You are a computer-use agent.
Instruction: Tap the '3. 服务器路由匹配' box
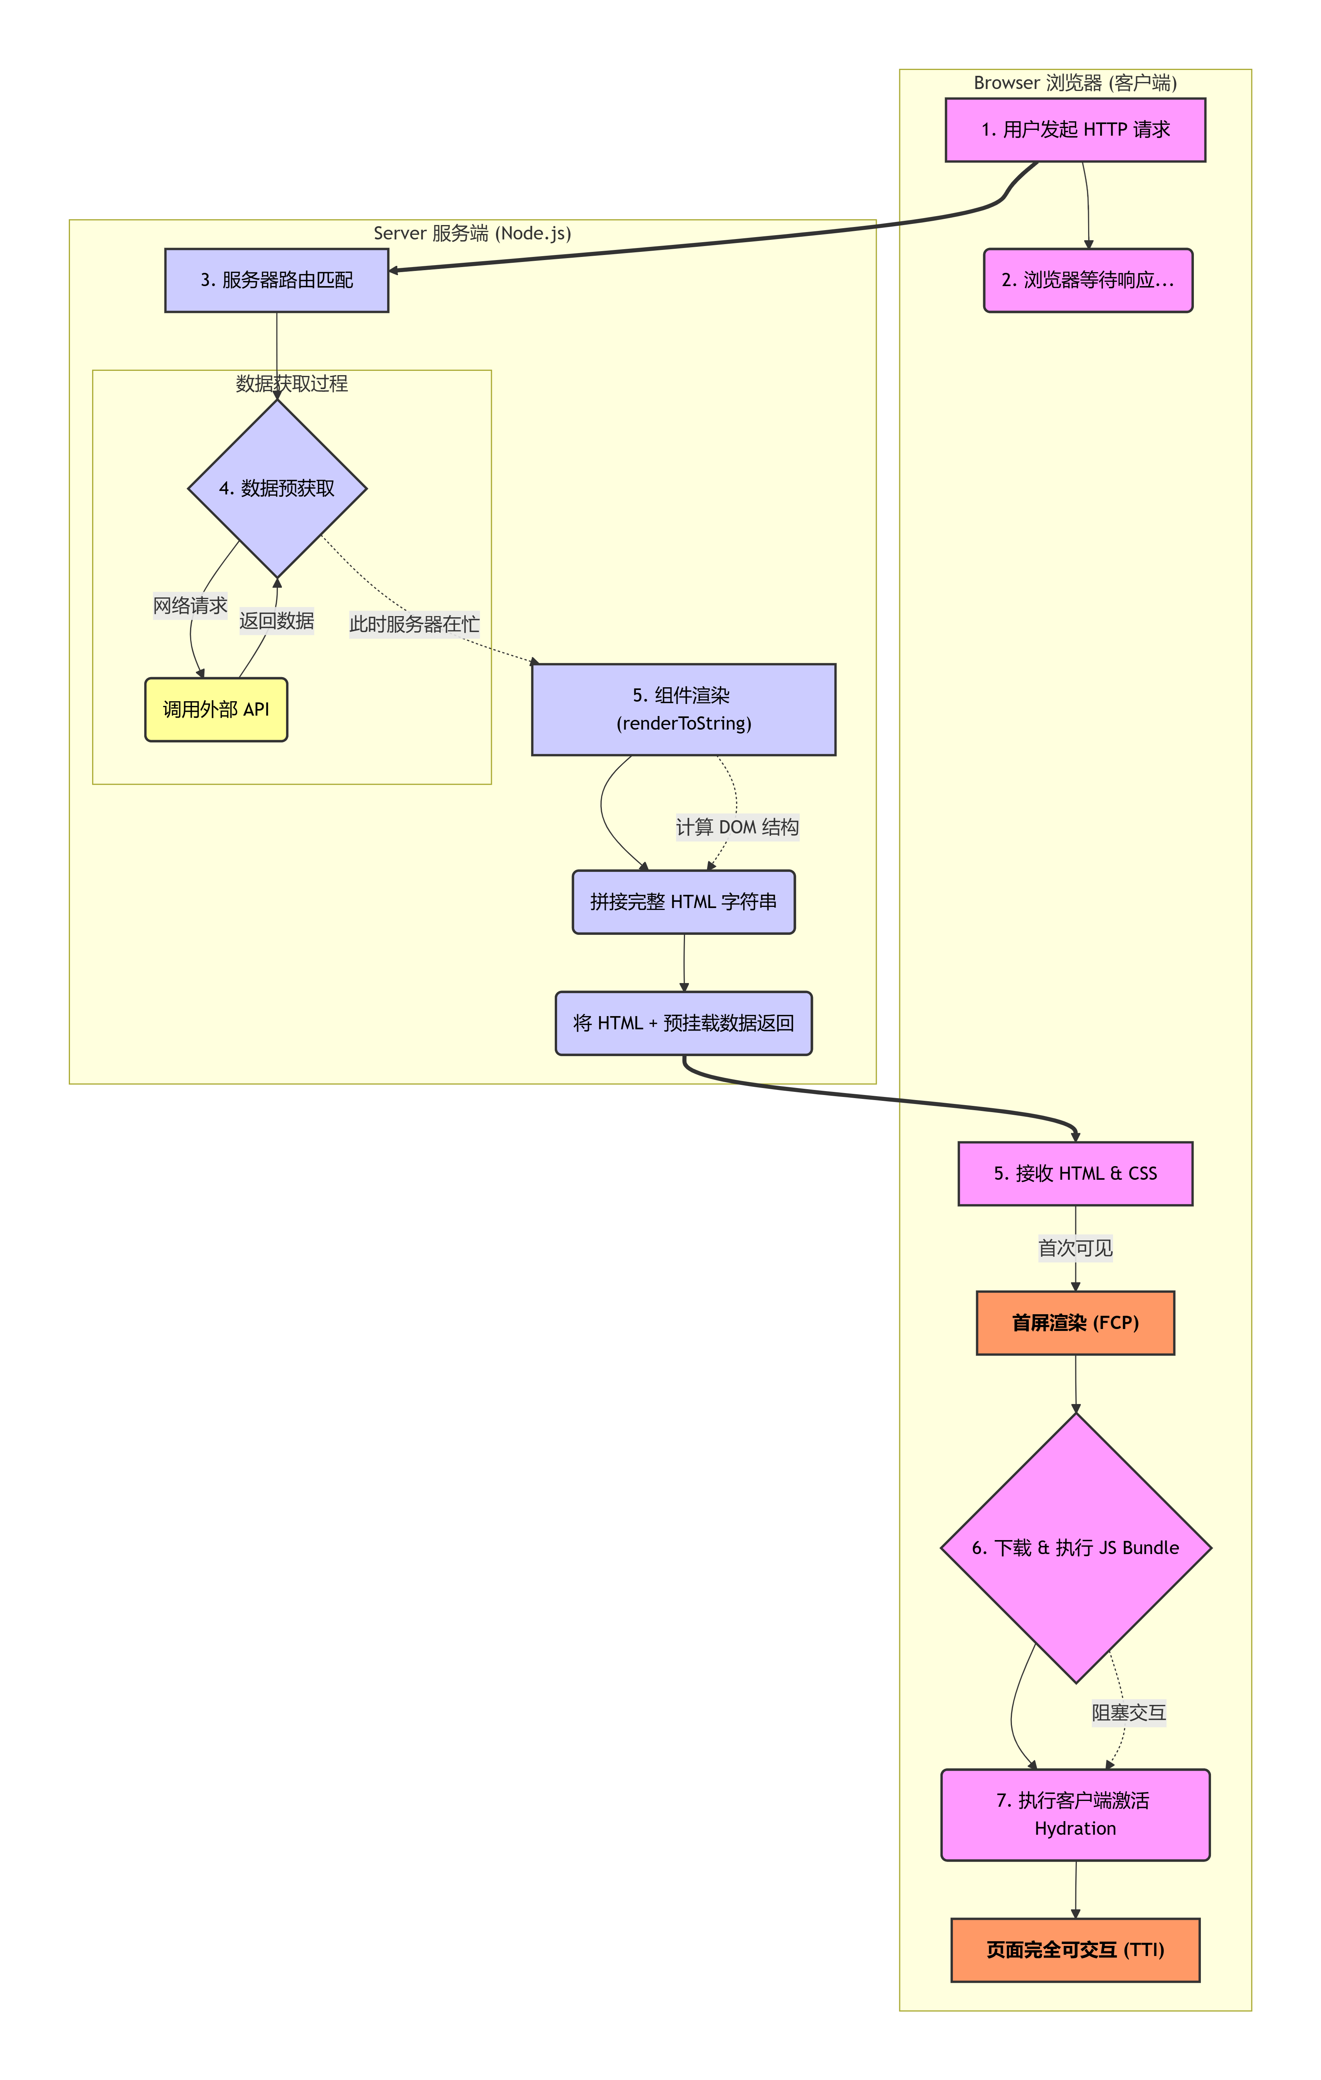tap(276, 280)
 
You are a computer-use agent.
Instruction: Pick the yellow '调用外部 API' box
tap(216, 709)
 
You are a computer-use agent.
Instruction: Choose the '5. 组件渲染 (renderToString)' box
tap(683, 709)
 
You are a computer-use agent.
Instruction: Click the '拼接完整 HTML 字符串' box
tap(683, 902)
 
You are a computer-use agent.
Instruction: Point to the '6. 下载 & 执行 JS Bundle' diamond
tap(1076, 1548)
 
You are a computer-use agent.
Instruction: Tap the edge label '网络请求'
tap(190, 606)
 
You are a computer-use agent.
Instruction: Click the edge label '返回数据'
tap(276, 621)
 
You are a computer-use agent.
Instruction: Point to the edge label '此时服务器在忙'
tap(414, 623)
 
